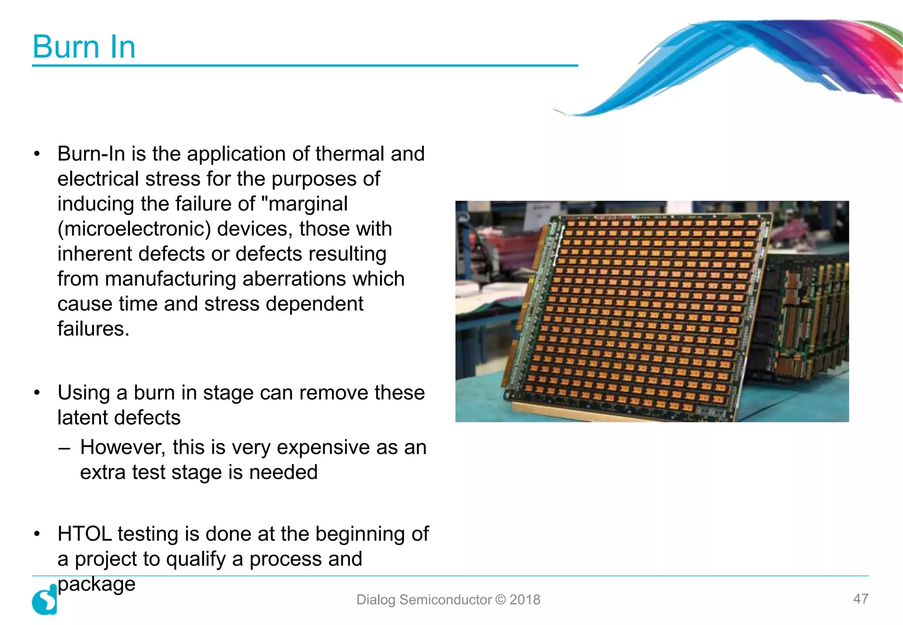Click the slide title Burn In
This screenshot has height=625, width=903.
tap(84, 47)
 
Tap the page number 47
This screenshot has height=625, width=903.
tap(861, 599)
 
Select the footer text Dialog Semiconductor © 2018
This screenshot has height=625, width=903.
tap(448, 599)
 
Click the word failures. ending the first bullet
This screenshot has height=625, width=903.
tap(93, 329)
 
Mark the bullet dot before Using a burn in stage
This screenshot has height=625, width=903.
tap(37, 392)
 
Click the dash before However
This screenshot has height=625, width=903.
tap(64, 448)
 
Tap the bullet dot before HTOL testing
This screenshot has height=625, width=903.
tap(37, 534)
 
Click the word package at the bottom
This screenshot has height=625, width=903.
tap(96, 584)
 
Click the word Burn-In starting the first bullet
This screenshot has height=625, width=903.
tap(91, 154)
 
